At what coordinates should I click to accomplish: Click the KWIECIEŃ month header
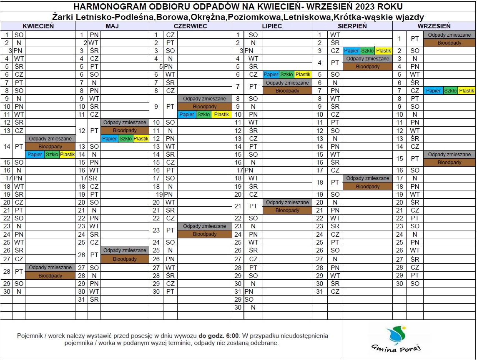[38, 26]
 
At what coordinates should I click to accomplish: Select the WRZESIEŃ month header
[434, 26]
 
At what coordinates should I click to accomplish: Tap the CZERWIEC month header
[191, 26]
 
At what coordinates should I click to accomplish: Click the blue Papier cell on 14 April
[35, 155]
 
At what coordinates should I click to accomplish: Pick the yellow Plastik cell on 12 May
[141, 139]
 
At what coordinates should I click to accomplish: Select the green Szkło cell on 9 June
[203, 115]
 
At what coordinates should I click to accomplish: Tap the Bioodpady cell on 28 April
[50, 276]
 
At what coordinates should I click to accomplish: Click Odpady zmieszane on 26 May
[125, 250]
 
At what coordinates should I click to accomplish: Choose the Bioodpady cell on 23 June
[205, 234]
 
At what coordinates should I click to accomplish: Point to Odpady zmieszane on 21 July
[287, 202]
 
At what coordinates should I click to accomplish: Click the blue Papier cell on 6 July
[271, 75]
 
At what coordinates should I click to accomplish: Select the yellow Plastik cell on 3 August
[383, 51]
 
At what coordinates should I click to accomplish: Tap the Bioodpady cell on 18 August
[368, 186]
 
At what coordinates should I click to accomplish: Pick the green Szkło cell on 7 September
[450, 90]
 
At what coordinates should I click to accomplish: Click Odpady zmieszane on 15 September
[449, 155]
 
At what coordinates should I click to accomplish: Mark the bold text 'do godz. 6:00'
[218, 336]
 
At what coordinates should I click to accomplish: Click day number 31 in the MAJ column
[82, 300]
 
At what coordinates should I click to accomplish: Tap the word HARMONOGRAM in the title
[103, 6]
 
